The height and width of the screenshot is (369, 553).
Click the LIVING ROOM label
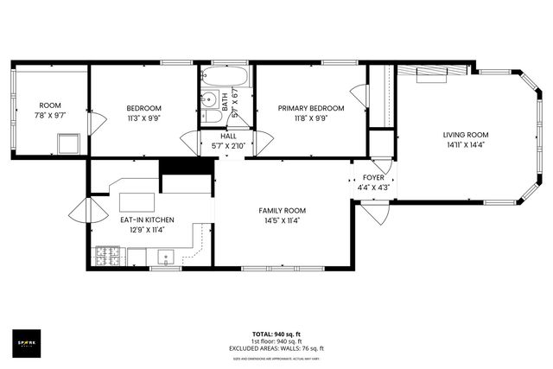(x=467, y=135)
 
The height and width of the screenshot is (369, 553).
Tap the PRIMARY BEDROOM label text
(x=310, y=108)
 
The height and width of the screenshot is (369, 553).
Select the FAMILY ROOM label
(x=283, y=210)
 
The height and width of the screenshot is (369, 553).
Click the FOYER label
(x=373, y=177)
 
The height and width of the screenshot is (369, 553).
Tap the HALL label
(x=228, y=137)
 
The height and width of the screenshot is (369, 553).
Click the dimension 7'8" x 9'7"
(x=50, y=114)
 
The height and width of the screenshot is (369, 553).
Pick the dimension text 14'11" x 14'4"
(x=467, y=145)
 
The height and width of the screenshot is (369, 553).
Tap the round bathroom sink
(x=209, y=98)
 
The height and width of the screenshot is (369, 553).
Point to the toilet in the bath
(x=210, y=118)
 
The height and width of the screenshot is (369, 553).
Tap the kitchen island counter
(x=137, y=201)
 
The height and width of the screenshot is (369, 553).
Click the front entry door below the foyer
(x=375, y=211)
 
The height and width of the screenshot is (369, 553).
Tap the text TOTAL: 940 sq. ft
(x=276, y=334)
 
